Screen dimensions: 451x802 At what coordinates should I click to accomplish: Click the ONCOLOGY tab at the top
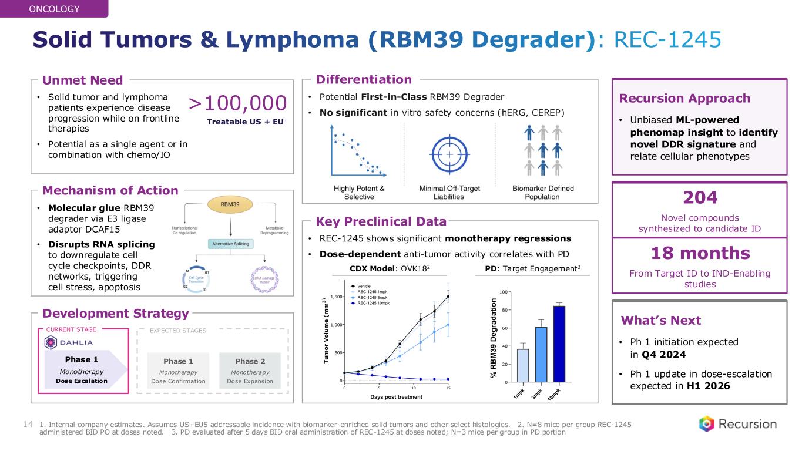pyautogui.click(x=54, y=9)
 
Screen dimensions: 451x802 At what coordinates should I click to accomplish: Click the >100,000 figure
pyautogui.click(x=237, y=103)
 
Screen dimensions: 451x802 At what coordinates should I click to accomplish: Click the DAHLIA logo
pyautogui.click(x=69, y=342)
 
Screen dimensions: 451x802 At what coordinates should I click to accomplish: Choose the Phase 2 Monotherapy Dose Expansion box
pyautogui.click(x=250, y=371)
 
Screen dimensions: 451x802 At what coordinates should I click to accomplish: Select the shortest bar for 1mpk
pyautogui.click(x=523, y=365)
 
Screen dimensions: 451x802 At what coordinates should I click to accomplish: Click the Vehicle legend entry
pyautogui.click(x=368, y=285)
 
